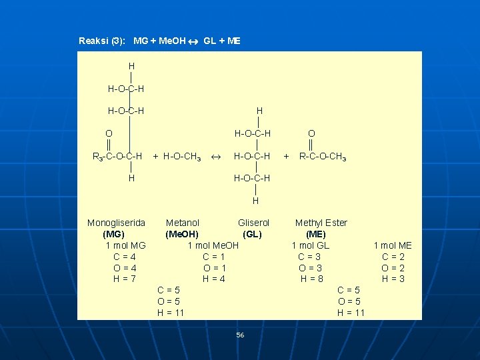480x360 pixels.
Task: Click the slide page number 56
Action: click(240, 335)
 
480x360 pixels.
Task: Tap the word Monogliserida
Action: click(116, 223)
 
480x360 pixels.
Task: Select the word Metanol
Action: click(183, 223)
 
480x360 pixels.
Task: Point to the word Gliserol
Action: click(253, 223)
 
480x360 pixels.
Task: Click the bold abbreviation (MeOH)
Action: click(182, 234)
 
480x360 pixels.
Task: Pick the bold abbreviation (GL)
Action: click(252, 234)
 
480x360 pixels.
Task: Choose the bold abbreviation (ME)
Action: click(315, 234)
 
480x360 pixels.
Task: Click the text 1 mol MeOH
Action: click(213, 245)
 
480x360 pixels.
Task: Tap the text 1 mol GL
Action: click(311, 245)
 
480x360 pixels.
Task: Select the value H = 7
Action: click(124, 279)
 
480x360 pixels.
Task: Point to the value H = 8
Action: click(311, 279)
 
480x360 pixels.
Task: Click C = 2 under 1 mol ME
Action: click(393, 257)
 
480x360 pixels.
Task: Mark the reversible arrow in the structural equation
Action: click(216, 157)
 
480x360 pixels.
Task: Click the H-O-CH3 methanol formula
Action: click(182, 157)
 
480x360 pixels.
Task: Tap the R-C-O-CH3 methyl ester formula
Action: click(323, 157)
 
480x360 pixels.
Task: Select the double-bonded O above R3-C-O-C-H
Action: click(109, 133)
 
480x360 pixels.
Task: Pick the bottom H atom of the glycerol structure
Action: click(255, 201)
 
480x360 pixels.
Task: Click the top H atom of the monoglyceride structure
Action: click(131, 66)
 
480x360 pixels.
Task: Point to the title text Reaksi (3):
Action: click(102, 41)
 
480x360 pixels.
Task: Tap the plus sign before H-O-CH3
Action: click(155, 157)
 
